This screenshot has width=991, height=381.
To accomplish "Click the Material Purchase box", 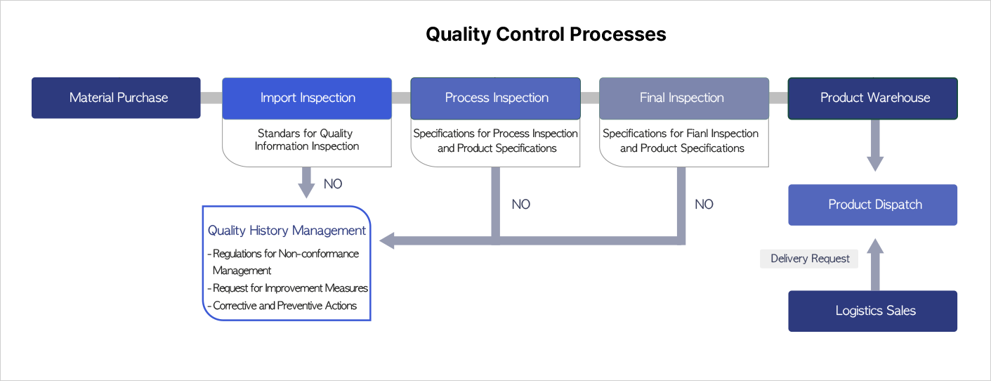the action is click(x=116, y=98).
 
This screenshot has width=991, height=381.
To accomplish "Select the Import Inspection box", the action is click(x=307, y=98).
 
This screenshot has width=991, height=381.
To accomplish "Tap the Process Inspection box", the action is click(x=496, y=98).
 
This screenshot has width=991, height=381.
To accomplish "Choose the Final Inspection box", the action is click(x=684, y=98).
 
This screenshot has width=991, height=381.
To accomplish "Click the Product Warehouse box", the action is click(x=873, y=98).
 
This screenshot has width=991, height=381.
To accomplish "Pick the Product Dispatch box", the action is click(x=873, y=205).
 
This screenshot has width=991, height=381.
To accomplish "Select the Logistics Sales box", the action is click(x=873, y=311).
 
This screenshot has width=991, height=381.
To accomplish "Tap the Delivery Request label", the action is click(x=810, y=259).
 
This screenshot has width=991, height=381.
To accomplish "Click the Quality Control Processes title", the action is click(x=546, y=34).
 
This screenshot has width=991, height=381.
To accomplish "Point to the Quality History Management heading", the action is click(x=287, y=231).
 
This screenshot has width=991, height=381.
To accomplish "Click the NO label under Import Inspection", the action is click(x=333, y=184).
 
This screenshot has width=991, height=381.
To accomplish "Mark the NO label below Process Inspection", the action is click(x=520, y=205).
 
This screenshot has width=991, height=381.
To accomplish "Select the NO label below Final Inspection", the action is click(x=704, y=205).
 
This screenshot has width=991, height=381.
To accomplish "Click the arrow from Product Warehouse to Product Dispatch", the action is click(x=875, y=146).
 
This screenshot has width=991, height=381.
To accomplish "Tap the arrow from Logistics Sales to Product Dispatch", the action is click(x=875, y=264).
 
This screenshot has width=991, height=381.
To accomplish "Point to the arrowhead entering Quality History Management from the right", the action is click(x=387, y=241).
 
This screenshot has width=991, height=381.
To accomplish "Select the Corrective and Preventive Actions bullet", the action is click(x=282, y=306).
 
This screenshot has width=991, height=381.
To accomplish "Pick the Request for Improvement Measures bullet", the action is click(x=287, y=288).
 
